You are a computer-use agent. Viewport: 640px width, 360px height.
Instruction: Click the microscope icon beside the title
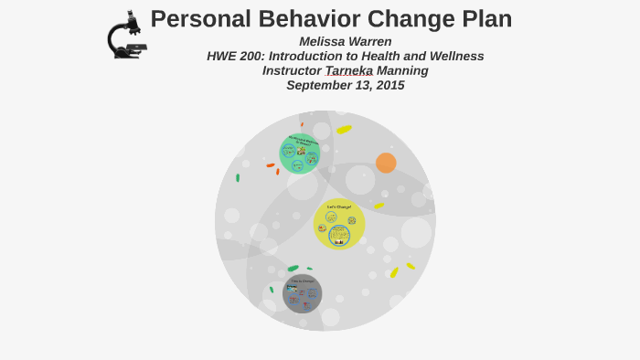(x=125, y=36)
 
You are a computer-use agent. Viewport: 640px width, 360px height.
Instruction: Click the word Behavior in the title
(x=299, y=18)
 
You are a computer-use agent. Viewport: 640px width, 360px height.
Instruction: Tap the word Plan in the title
(x=481, y=18)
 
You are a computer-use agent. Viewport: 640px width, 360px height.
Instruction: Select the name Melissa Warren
(x=345, y=41)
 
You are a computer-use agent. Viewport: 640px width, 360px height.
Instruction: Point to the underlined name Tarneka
(x=348, y=70)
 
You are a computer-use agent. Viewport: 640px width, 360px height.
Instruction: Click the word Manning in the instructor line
(x=402, y=70)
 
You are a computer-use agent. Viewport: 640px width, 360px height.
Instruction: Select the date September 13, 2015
(x=345, y=85)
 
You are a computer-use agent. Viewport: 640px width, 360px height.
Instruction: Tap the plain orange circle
(x=386, y=163)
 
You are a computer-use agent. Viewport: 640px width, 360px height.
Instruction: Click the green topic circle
(x=299, y=154)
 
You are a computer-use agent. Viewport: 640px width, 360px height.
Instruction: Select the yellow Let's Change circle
(x=339, y=224)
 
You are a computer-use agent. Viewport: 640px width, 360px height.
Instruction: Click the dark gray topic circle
(x=302, y=293)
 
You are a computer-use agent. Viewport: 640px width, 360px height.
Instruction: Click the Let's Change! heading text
(x=339, y=206)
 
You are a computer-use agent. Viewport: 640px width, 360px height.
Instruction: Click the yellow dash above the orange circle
(x=344, y=129)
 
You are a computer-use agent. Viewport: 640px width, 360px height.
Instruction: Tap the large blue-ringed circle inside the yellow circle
(x=339, y=235)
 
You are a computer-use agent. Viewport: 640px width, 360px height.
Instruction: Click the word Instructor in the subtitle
(x=292, y=70)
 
